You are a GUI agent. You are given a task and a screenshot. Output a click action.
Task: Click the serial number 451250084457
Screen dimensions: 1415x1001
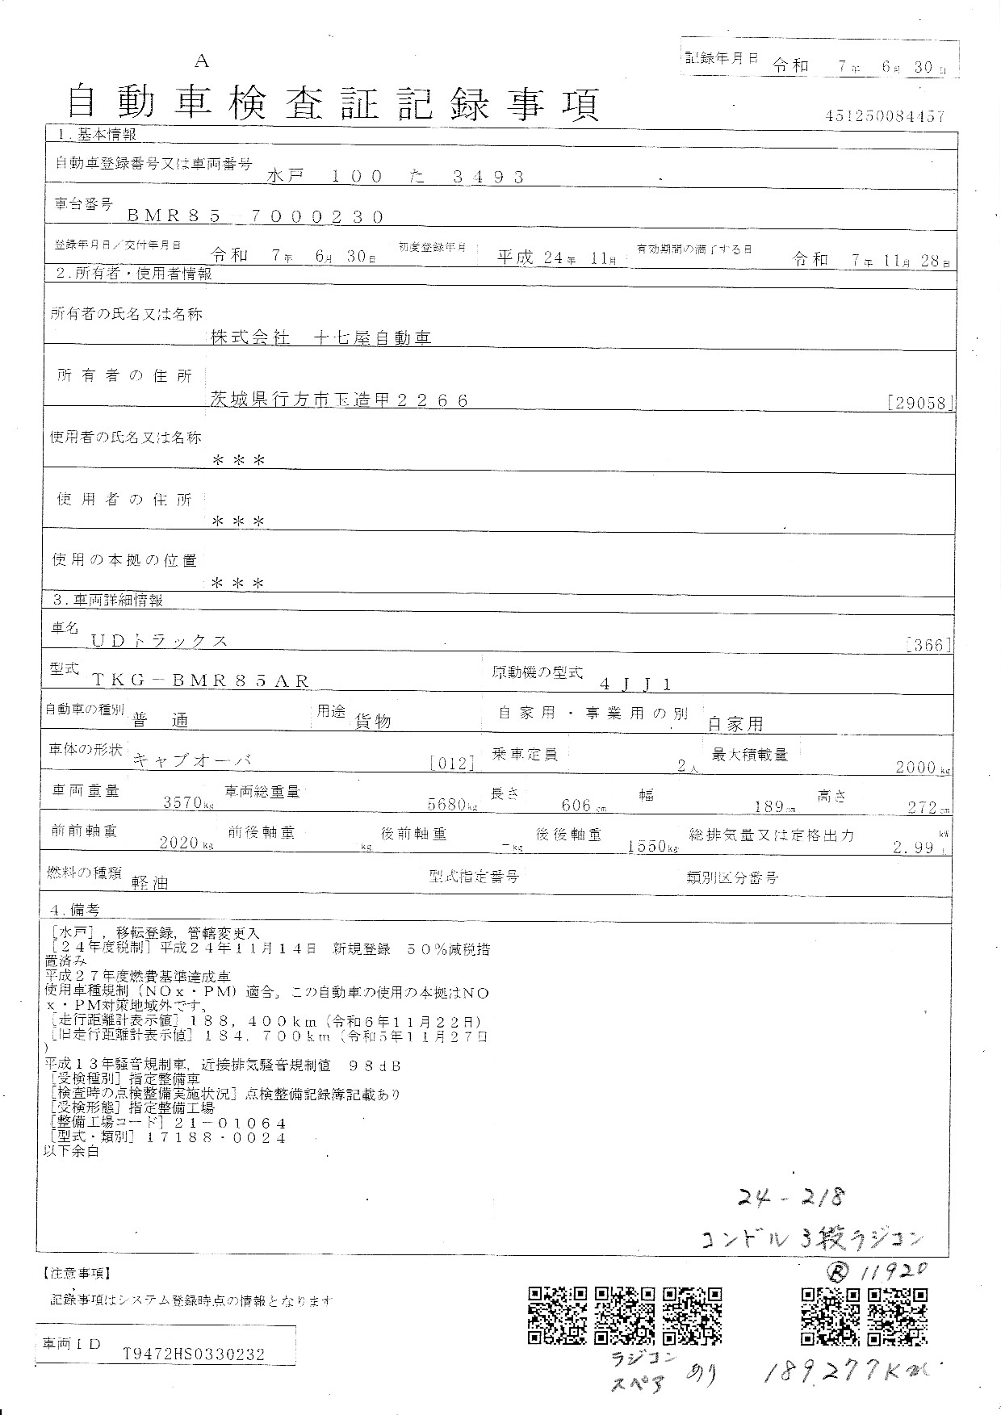885,116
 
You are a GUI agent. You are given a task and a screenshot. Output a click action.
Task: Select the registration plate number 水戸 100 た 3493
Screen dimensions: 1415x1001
396,176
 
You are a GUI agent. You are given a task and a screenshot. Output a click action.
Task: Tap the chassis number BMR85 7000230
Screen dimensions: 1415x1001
256,216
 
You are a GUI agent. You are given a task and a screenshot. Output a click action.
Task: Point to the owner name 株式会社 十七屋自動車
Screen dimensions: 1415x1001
320,338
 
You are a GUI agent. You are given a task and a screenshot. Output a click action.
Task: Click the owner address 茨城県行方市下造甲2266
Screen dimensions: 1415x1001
339,400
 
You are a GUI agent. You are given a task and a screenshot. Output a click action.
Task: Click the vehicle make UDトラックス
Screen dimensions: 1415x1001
159,641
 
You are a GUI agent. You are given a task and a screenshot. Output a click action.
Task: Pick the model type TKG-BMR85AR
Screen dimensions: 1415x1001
200,681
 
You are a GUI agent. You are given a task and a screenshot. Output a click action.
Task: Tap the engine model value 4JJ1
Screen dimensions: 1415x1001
635,684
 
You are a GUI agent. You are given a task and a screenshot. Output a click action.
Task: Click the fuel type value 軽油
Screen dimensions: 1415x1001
150,884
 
